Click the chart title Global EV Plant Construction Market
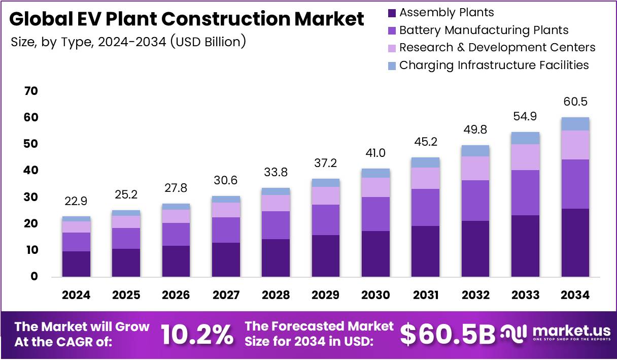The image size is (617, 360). point(186,19)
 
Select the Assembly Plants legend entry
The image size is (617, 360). point(447,13)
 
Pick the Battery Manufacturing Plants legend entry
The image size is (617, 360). point(484,30)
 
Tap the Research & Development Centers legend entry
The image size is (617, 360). point(497,48)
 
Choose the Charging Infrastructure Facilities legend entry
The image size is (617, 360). point(494,66)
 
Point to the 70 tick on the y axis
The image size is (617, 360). point(31,91)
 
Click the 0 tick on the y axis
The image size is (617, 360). point(34,277)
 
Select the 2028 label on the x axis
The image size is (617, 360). point(276,295)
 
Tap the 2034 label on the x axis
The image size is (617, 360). point(575,295)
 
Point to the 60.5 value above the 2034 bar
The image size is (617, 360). point(575,102)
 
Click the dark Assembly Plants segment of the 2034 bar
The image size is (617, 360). point(575,243)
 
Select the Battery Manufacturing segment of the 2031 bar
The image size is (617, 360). point(425,207)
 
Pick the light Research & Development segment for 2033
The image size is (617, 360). point(525,157)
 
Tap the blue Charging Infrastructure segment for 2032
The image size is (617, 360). point(475,151)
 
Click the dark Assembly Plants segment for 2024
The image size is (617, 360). point(76,264)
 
